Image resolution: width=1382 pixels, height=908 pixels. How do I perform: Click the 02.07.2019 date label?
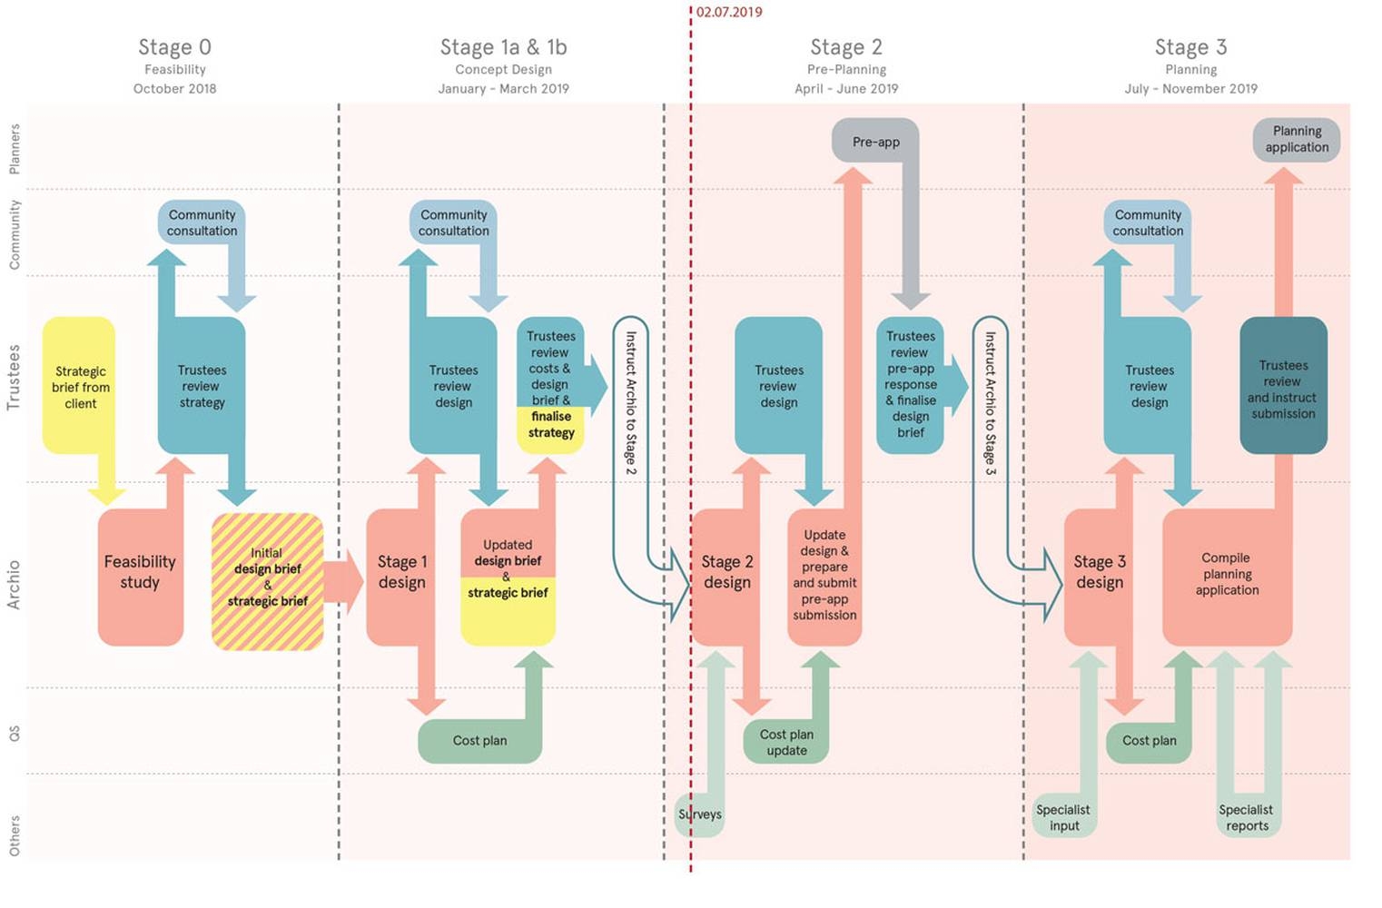[x=728, y=12]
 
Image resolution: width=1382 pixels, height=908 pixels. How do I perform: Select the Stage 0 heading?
[x=174, y=47]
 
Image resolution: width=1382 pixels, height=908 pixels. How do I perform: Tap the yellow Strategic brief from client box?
[x=80, y=387]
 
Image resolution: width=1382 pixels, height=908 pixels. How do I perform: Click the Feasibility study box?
[x=140, y=573]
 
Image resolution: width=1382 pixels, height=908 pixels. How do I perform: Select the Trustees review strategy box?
[x=202, y=387]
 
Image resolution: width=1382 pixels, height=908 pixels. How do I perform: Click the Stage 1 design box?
[x=401, y=573]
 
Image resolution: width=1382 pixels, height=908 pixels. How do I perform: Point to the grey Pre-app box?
[x=875, y=142]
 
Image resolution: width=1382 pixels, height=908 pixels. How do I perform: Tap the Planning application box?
[x=1297, y=140]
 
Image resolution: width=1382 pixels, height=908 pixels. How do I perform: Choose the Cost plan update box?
[x=786, y=742]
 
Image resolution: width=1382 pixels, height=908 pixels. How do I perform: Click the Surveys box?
[x=700, y=814]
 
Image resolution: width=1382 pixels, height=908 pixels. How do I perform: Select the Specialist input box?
[x=1064, y=817]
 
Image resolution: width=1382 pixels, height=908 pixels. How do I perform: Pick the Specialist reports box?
[x=1246, y=817]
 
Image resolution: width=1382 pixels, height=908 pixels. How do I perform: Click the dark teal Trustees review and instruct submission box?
[x=1282, y=389]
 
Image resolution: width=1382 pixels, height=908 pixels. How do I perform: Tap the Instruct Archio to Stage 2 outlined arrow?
[x=630, y=403]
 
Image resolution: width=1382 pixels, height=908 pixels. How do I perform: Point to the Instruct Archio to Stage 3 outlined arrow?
[x=990, y=403]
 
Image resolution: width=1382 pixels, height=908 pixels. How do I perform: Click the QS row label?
[x=15, y=732]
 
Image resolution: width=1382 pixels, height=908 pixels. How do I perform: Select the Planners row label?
[x=15, y=149]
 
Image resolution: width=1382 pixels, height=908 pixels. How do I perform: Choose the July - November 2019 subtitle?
[x=1190, y=89]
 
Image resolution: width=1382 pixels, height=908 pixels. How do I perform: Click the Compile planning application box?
[x=1227, y=574]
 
